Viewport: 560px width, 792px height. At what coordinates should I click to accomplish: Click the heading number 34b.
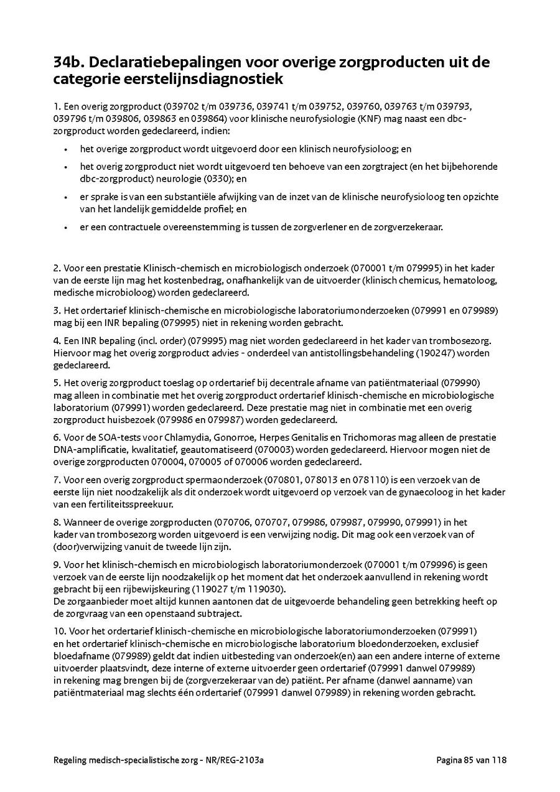coord(70,63)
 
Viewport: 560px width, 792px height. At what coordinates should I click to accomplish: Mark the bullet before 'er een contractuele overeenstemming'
coord(65,227)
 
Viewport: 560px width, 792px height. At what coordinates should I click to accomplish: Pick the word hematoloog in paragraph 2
coord(474,281)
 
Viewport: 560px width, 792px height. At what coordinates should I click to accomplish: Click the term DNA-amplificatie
coord(83,449)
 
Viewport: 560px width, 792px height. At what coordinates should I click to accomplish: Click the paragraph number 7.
coord(57,480)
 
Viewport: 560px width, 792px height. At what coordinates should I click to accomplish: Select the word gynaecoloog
coord(390,492)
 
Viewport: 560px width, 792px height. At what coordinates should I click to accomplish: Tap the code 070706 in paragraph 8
coord(231,522)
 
